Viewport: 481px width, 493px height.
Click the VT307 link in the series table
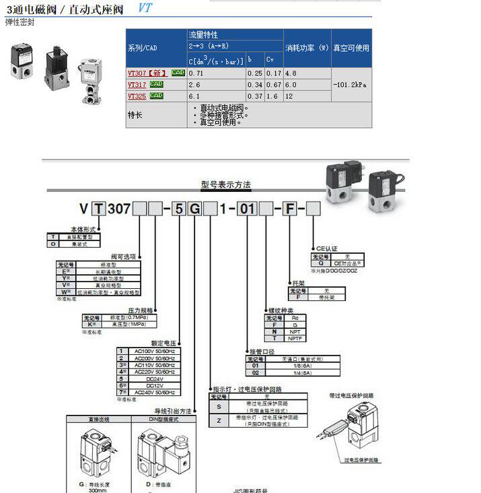point(137,73)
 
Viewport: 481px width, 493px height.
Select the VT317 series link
point(137,84)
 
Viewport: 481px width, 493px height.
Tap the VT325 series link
point(137,96)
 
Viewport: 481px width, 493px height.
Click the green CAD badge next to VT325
point(157,96)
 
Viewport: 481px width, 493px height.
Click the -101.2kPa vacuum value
point(350,85)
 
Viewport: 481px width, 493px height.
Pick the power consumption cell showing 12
point(290,96)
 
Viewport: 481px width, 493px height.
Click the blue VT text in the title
point(145,9)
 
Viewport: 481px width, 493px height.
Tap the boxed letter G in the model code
point(194,209)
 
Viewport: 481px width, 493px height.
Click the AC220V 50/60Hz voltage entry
point(155,371)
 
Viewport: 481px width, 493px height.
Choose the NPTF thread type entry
point(294,339)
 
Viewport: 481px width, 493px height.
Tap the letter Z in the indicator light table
point(219,420)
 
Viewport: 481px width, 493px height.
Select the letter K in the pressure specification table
point(88,324)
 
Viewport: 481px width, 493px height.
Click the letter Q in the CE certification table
point(320,263)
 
